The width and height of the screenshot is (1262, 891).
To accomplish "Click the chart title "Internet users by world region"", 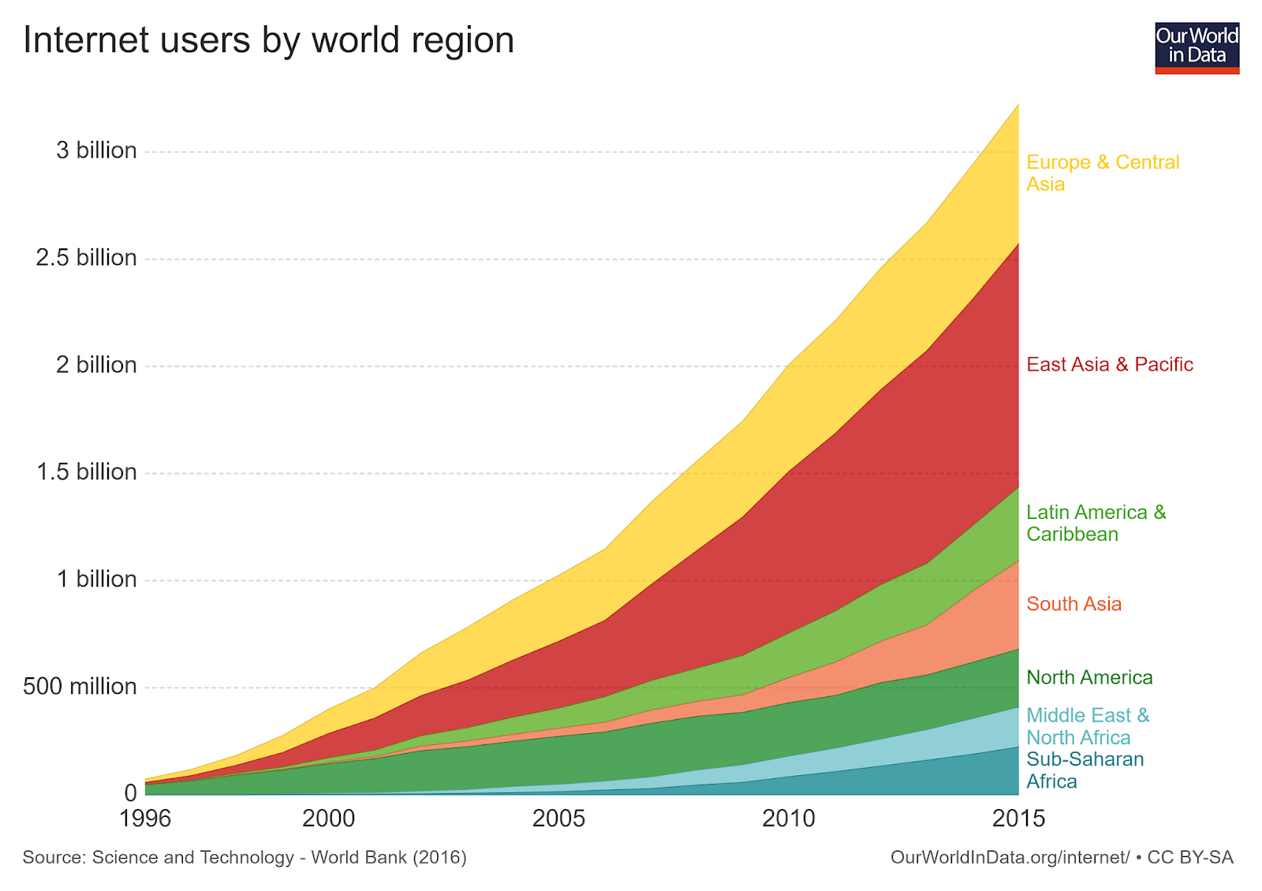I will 269,40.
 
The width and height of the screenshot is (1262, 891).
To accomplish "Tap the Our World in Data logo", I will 1197,48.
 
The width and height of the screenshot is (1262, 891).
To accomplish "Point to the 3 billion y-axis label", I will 96,151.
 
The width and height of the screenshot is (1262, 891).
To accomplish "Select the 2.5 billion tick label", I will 86,258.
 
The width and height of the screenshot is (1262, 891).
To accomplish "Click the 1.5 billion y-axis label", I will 87,472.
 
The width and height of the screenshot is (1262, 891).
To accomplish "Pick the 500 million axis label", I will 80,687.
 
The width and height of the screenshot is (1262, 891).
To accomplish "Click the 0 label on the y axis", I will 130,793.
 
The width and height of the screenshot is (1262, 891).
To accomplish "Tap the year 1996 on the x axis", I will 145,819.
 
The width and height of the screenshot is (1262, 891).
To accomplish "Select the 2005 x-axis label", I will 558,819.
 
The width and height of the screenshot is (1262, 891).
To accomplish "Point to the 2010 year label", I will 789,819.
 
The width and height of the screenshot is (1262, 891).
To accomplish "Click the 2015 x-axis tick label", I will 1018,819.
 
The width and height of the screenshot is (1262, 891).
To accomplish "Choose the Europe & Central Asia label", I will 1102,173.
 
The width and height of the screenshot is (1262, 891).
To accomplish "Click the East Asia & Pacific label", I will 1109,364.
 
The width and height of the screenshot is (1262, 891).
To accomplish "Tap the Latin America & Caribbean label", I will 1096,524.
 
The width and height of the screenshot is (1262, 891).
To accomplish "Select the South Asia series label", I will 1073,604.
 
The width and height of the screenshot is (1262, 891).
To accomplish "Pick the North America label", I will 1089,677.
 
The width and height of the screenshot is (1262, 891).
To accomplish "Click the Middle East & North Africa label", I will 1088,726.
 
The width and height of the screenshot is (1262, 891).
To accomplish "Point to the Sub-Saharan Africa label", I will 1085,770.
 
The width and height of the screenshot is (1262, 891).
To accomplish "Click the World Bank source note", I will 245,858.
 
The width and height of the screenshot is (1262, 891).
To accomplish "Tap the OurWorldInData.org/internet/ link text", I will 1010,858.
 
